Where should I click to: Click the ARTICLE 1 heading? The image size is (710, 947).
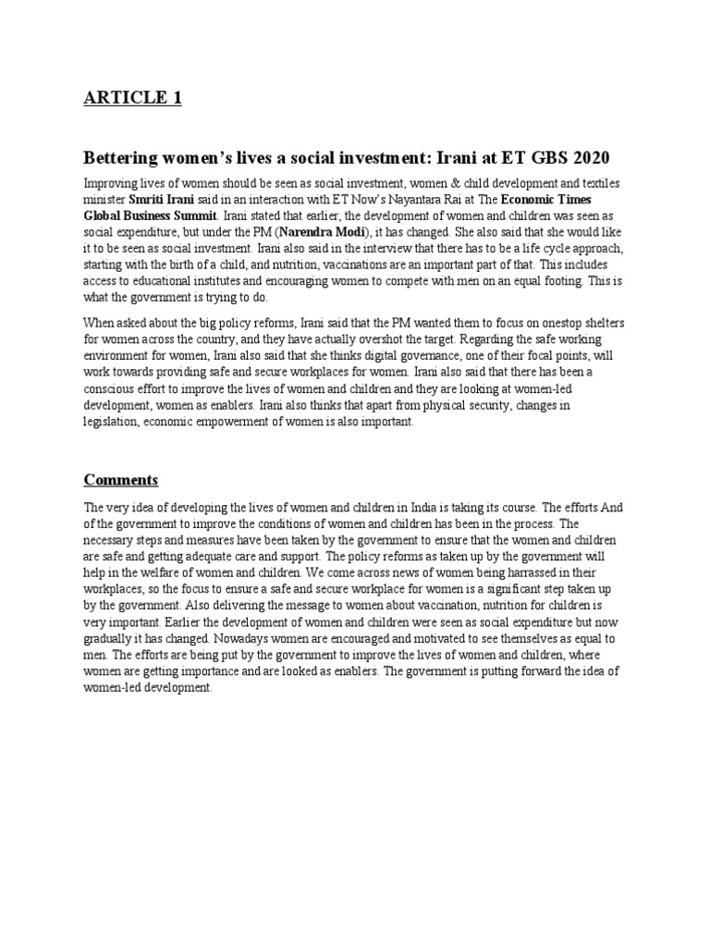132,99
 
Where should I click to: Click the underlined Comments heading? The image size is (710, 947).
121,480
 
